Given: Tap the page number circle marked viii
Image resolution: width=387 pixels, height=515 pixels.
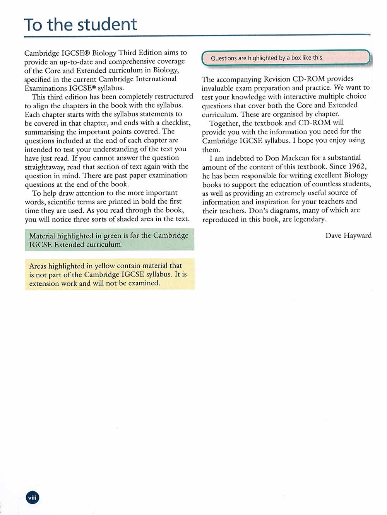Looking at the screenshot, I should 33,498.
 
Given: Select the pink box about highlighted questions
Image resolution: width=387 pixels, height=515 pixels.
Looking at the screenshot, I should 286,58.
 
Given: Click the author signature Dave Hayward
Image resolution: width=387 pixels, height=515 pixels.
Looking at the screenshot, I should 348,235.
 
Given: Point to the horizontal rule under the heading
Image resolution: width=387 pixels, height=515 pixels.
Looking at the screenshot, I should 197,36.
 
